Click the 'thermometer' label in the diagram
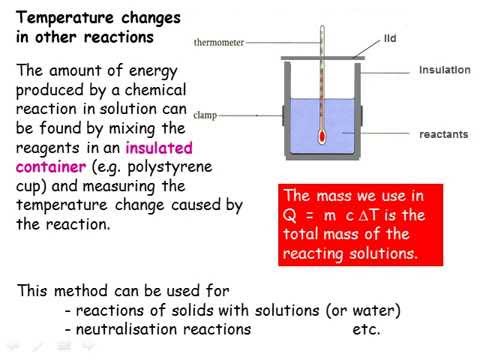[x=219, y=42]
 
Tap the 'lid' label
[x=390, y=38]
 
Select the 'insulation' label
[x=445, y=70]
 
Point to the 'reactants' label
[x=444, y=134]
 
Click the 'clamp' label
[x=205, y=115]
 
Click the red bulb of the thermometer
[x=322, y=136]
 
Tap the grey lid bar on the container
[x=322, y=58]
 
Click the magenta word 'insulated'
[x=159, y=148]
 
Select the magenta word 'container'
[x=51, y=167]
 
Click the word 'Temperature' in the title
[x=65, y=18]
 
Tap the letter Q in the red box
[x=290, y=216]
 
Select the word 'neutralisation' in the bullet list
[x=126, y=329]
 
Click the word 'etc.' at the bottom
[x=366, y=330]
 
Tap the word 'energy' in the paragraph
[x=153, y=71]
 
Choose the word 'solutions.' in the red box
[x=383, y=254]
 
